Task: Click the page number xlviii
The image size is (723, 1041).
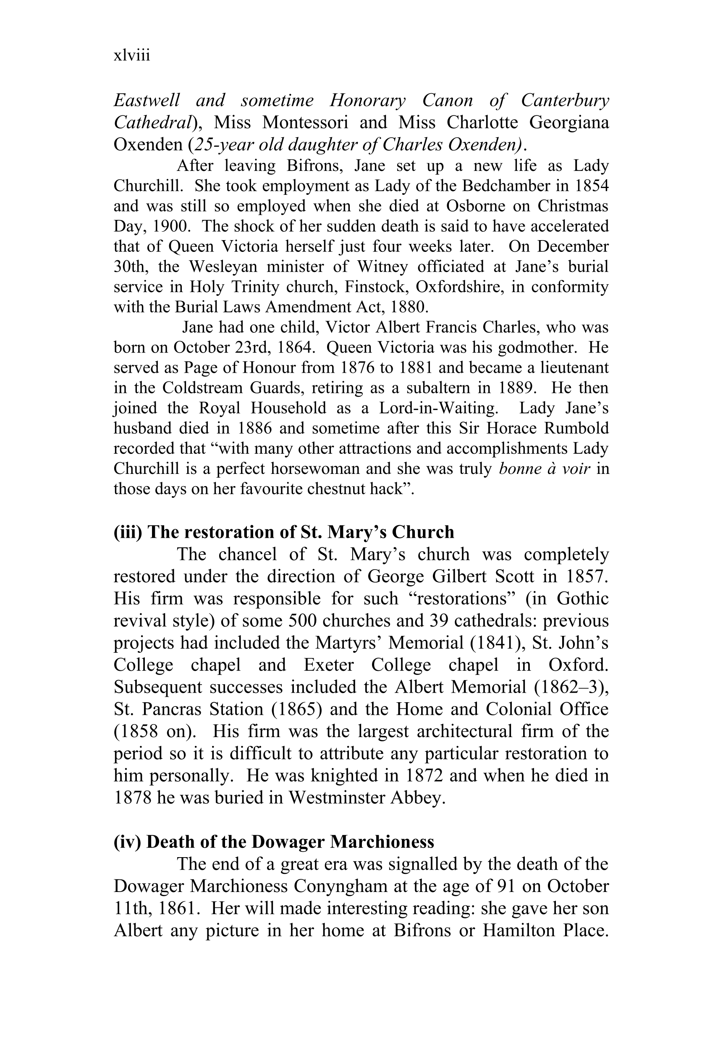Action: click(132, 56)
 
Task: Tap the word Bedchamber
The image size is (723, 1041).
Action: click(505, 186)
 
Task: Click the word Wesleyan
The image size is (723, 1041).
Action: click(223, 267)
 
